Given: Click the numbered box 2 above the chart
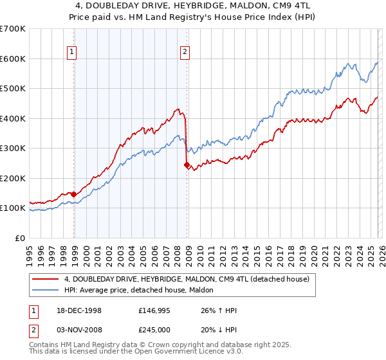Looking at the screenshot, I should (x=185, y=53).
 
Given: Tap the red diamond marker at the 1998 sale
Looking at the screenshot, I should (x=74, y=194).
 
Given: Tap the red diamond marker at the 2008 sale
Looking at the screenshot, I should (x=187, y=165).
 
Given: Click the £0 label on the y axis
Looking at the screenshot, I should (x=19, y=238).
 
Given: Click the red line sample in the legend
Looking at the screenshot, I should (x=46, y=279).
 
